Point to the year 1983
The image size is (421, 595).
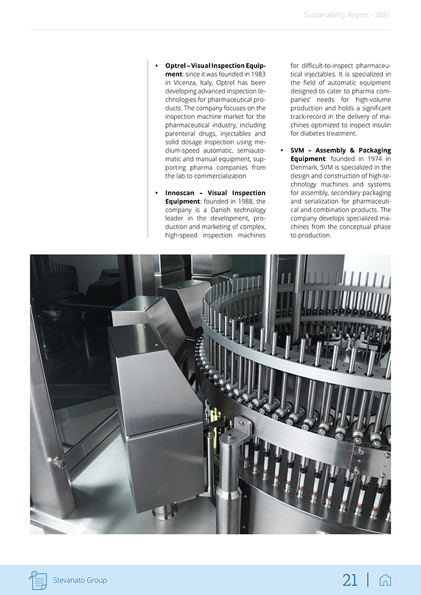(x=258, y=74)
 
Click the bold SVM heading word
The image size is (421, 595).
(x=299, y=151)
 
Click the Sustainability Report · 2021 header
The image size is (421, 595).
(x=347, y=15)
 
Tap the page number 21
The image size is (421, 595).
(x=350, y=580)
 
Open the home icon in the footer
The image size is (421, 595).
(x=384, y=580)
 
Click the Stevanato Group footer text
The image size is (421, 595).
(x=80, y=580)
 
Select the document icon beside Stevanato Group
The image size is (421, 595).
(x=38, y=580)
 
